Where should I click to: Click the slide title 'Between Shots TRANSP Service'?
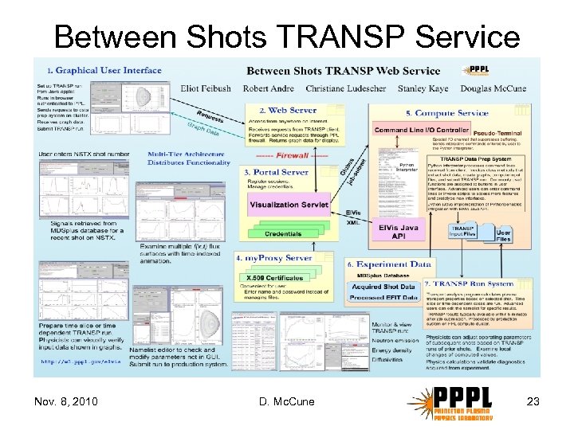point(287,37)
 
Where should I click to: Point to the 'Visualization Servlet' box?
point(289,205)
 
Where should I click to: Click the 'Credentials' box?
point(283,234)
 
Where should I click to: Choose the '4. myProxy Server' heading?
point(274,258)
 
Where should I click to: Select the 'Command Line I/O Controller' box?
point(422,130)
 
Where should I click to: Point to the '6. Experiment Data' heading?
point(390,264)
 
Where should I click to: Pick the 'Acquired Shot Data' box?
point(383,287)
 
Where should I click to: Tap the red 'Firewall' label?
point(277,155)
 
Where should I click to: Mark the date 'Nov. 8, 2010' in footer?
point(68,401)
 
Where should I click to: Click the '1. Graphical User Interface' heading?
point(104,71)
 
